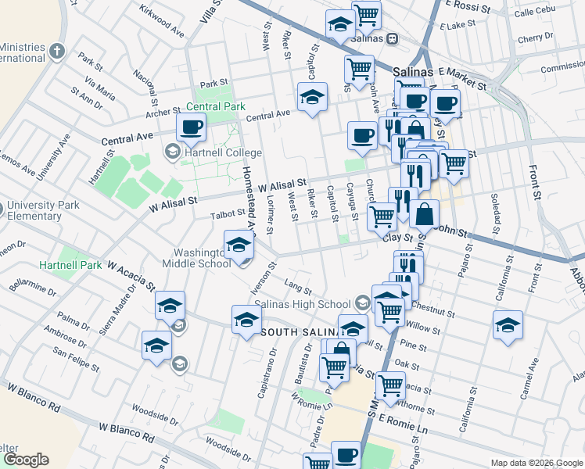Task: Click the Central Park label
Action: (x=216, y=106)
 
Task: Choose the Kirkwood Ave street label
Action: (x=161, y=21)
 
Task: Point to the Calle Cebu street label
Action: (x=534, y=12)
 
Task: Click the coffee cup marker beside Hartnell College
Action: (x=190, y=127)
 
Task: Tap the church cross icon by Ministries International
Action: (x=56, y=52)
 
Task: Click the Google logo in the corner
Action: (x=25, y=460)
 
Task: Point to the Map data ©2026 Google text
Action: (x=536, y=463)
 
